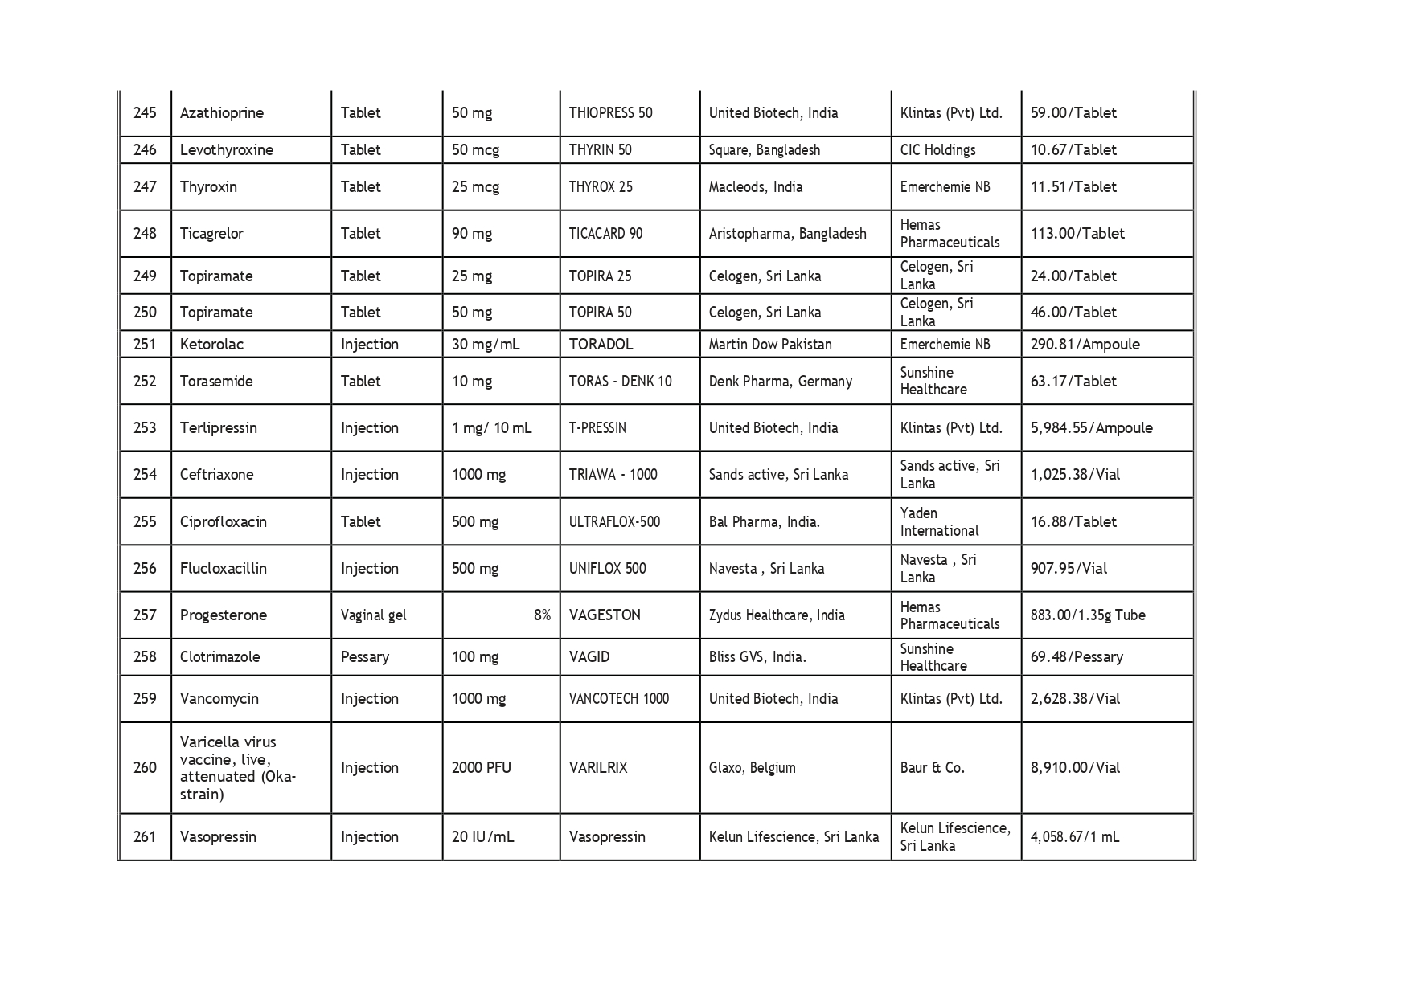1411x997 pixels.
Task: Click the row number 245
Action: tap(145, 113)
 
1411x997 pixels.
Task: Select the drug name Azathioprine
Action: tap(221, 113)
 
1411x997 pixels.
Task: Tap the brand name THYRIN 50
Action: tap(600, 150)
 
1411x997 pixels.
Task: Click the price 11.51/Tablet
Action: tap(1073, 187)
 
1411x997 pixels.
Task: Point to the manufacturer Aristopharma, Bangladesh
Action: tap(787, 234)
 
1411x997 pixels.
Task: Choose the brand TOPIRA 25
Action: tap(600, 276)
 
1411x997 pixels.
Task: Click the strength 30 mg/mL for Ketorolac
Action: tap(486, 345)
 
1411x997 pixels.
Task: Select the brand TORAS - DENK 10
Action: tap(620, 382)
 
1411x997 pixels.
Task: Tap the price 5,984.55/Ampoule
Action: tap(1091, 428)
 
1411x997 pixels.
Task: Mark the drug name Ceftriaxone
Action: tap(216, 475)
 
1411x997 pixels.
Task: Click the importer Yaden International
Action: tap(939, 522)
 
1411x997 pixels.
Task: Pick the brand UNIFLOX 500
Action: tap(607, 569)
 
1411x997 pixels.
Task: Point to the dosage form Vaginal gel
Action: tap(373, 615)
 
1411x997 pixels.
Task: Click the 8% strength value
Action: tap(542, 615)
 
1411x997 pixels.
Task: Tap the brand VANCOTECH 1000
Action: tap(618, 699)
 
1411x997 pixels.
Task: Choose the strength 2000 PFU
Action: tap(481, 768)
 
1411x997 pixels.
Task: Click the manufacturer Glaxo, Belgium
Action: tap(752, 768)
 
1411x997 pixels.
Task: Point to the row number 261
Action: tap(145, 837)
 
